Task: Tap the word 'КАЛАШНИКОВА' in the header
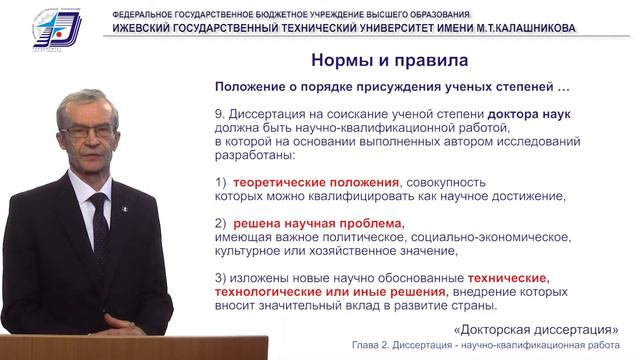[527, 28]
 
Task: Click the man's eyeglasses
[88, 131]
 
